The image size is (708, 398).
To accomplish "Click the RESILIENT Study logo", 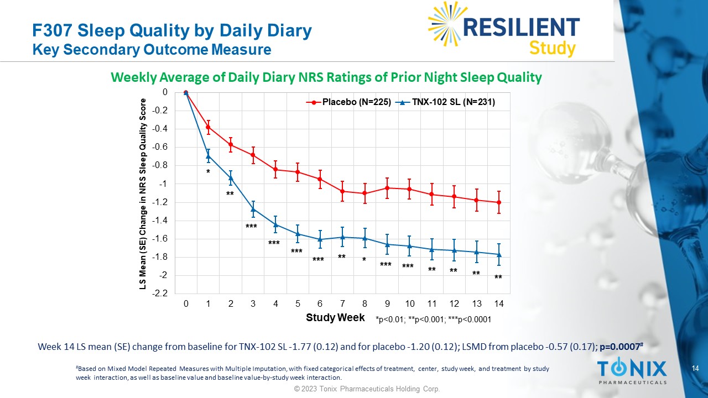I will (504, 29).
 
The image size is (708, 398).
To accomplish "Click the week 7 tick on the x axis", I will (342, 304).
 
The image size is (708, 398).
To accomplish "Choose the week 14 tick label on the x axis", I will (498, 304).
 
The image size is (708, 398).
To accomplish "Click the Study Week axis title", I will (335, 317).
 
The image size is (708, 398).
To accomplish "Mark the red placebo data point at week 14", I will (499, 202).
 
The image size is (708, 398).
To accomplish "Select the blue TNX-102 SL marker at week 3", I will (253, 209).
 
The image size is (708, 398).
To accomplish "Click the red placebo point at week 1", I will (209, 127).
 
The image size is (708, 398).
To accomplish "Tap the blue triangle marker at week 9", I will (387, 244).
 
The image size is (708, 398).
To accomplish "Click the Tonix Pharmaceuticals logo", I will (632, 371).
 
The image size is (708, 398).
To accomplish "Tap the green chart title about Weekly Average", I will (326, 77).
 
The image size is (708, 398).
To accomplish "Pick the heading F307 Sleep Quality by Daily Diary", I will (172, 30).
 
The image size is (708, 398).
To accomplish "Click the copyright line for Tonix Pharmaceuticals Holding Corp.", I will (367, 389).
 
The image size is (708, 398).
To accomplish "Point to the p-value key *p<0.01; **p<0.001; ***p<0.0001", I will (433, 320).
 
